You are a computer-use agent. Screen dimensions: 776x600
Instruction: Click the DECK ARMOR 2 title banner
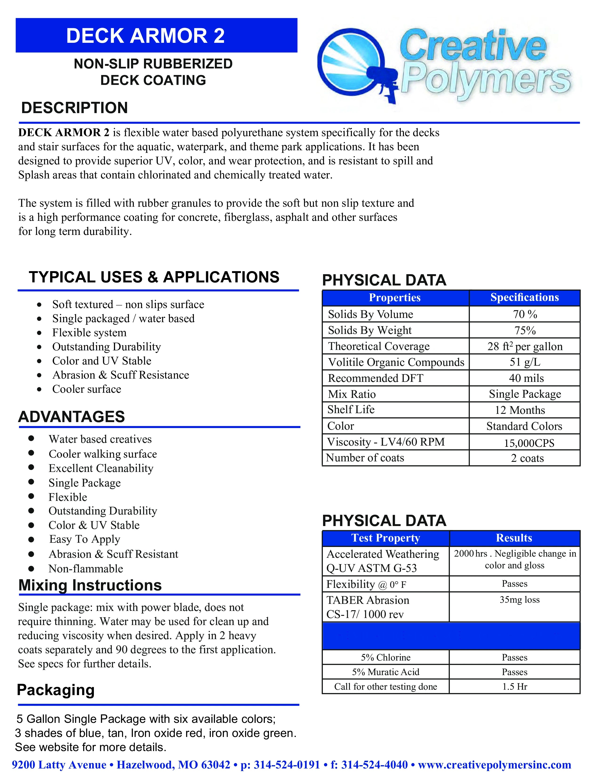click(x=156, y=36)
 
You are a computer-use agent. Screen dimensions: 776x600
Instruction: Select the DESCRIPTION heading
click(x=75, y=108)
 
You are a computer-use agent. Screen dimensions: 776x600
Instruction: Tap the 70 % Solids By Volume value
click(x=525, y=314)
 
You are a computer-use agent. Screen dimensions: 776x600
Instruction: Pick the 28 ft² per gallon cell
click(x=525, y=346)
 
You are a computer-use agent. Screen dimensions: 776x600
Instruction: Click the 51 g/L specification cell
click(x=525, y=362)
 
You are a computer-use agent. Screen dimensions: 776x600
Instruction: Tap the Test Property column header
click(x=386, y=538)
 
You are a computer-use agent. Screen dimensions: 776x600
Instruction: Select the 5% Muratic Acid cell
click(x=386, y=672)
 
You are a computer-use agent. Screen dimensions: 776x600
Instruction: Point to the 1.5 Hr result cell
click(x=514, y=686)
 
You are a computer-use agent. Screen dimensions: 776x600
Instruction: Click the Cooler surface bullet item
click(x=87, y=389)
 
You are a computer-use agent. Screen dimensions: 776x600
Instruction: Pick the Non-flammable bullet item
click(x=86, y=569)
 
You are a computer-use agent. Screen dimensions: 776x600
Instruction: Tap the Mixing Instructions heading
click(x=90, y=585)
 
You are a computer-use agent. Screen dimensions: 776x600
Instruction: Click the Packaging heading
click(x=56, y=690)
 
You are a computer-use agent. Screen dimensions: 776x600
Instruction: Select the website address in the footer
click(x=494, y=765)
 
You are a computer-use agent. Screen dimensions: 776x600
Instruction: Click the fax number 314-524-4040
click(x=374, y=765)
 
